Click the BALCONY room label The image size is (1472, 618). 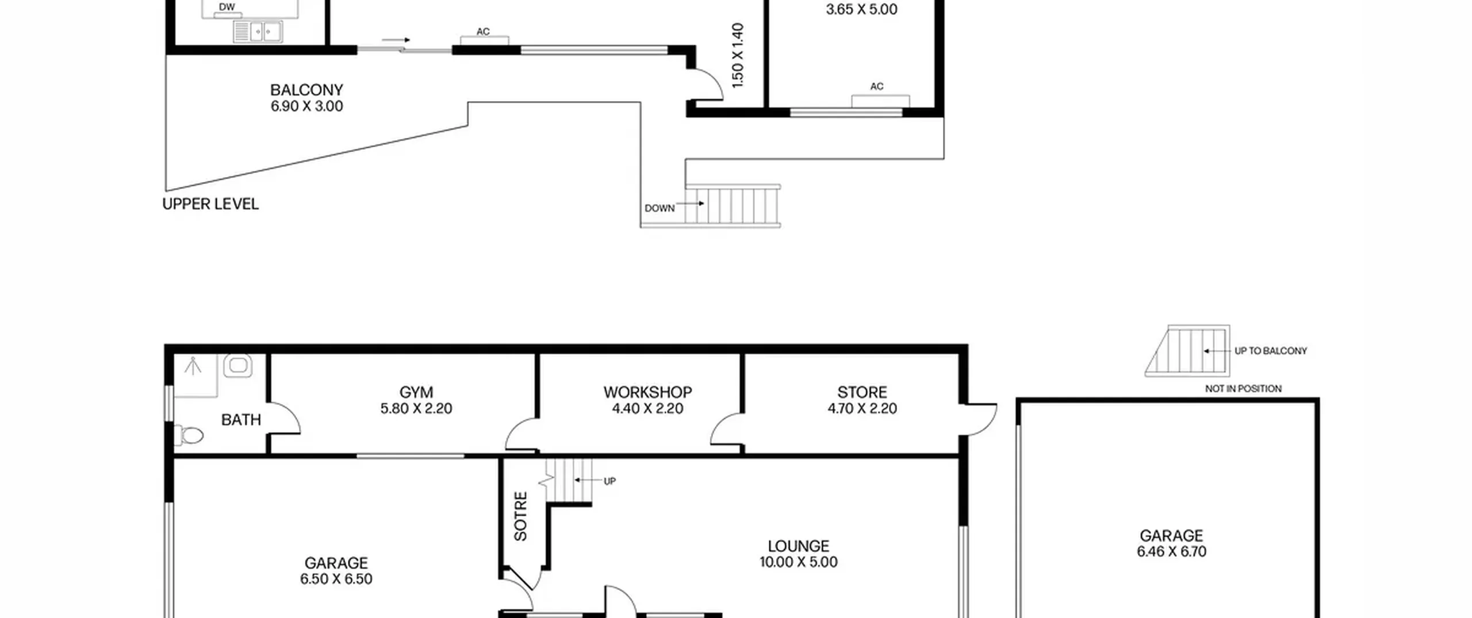306,90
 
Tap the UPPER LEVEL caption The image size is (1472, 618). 210,204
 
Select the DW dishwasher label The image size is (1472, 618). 227,7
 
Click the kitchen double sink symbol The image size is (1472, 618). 258,32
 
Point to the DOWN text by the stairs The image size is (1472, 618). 660,208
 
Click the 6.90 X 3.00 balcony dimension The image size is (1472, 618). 306,106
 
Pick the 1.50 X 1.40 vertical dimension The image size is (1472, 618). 738,56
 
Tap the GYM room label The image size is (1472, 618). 416,393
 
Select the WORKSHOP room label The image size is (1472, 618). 647,393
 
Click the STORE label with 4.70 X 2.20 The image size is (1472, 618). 862,393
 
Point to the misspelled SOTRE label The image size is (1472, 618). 520,516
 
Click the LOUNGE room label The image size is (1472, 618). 798,546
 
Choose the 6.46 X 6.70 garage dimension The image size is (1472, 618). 1171,552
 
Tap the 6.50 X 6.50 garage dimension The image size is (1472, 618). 336,579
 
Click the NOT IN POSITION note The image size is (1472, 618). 1243,389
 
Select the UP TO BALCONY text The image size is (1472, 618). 1271,351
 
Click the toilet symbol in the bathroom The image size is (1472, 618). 188,435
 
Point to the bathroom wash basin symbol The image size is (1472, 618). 237,366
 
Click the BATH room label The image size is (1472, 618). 241,420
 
